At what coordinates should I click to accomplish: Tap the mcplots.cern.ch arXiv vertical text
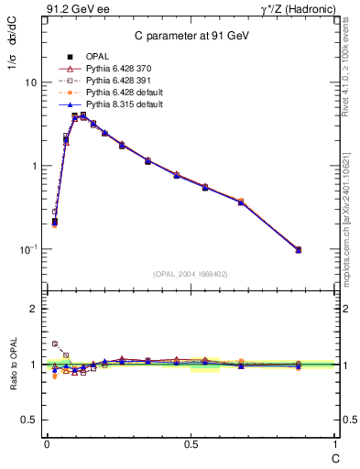351,206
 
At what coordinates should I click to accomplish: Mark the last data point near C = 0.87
298,249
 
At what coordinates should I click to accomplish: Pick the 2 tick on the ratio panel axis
33,309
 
